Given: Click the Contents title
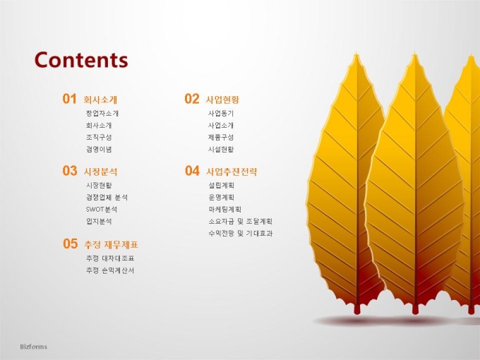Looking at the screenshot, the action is pyautogui.click(x=81, y=60).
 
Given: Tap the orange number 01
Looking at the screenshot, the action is pyautogui.click(x=69, y=99).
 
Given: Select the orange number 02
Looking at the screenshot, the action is pyautogui.click(x=191, y=99).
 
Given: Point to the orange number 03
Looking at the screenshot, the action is pyautogui.click(x=69, y=171).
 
